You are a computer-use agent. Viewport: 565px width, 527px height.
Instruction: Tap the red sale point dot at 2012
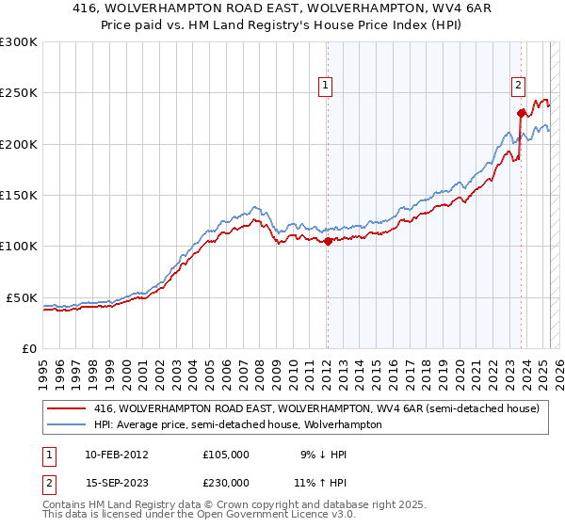(x=328, y=241)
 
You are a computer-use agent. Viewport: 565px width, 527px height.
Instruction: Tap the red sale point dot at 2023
(x=521, y=113)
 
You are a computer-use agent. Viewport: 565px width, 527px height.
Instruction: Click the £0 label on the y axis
(x=28, y=348)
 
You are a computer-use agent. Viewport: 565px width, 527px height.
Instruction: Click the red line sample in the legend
(x=66, y=409)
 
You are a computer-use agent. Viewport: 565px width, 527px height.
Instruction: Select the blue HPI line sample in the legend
(x=66, y=425)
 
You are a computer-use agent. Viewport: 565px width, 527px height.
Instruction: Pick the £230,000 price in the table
(x=226, y=483)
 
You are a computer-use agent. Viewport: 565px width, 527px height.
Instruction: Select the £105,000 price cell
(x=226, y=454)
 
